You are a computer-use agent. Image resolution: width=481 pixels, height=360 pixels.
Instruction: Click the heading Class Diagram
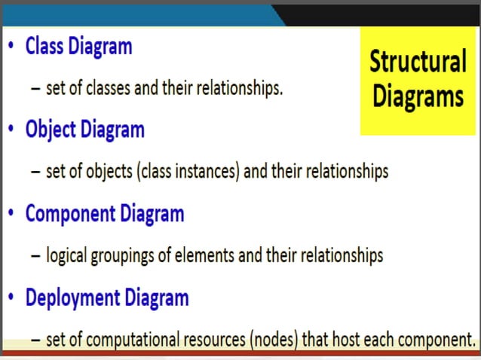pos(78,47)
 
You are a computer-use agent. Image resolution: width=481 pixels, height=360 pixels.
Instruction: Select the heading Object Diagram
pos(84,130)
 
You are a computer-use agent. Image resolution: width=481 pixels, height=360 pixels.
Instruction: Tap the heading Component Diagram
pos(104,214)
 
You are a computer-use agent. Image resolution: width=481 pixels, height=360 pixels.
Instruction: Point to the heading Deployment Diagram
pos(106,297)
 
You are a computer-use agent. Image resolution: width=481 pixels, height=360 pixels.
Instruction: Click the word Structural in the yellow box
pos(418,62)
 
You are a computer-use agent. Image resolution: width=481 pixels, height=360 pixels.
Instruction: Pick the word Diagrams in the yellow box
pos(418,96)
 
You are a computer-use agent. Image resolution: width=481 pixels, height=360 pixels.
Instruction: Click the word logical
pos(66,255)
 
